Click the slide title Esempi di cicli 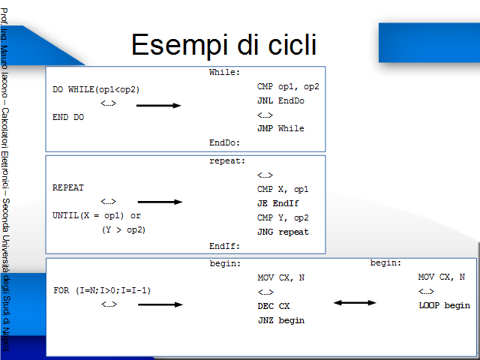(223, 45)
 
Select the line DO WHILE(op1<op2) (96, 90)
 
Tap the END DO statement (68, 117)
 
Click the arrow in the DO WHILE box (158, 106)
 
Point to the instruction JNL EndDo (280, 100)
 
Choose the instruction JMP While (280, 128)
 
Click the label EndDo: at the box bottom (224, 142)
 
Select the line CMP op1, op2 (288, 87)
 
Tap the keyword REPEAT (68, 187)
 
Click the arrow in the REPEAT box (160, 202)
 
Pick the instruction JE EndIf (278, 203)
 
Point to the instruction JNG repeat (283, 232)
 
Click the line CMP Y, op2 (283, 217)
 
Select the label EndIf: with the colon (224, 246)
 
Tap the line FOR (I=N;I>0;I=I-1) (102, 290)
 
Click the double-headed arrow (355, 303)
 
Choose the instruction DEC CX (274, 306)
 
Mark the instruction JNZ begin (281, 320)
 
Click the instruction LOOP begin (444, 305)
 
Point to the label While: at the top (224, 72)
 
